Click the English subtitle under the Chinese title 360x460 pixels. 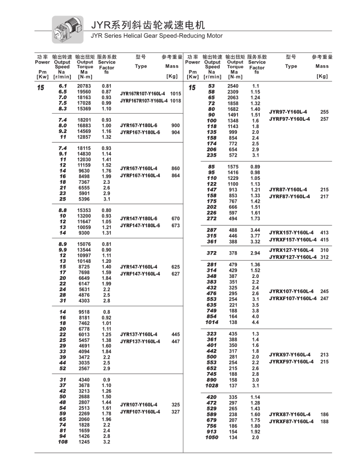(x=156, y=36)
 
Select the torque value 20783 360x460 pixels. (x=84, y=86)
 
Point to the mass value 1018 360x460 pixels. (x=176, y=101)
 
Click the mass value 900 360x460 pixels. (x=176, y=125)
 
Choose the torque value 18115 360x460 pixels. (x=84, y=148)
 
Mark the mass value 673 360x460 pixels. (x=176, y=226)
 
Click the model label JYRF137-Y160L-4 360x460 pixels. (x=140, y=341)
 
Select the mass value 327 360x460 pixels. (x=176, y=412)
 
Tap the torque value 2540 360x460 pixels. (x=233, y=86)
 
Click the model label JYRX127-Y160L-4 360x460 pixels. (x=291, y=250)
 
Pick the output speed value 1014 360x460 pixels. (x=212, y=322)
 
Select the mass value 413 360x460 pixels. (x=325, y=232)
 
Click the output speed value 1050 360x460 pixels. (x=212, y=438)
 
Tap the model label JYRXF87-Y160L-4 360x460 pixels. (x=291, y=422)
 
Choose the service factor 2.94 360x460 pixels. (x=256, y=253)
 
